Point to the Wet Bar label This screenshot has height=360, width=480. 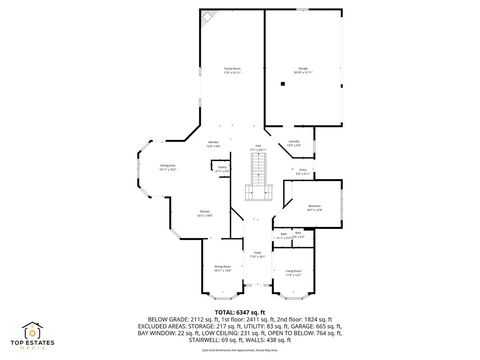tap(214, 145)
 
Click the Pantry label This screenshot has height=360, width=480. tap(222, 169)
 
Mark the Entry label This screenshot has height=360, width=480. tap(302, 171)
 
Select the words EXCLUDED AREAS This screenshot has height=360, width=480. tap(171, 326)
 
